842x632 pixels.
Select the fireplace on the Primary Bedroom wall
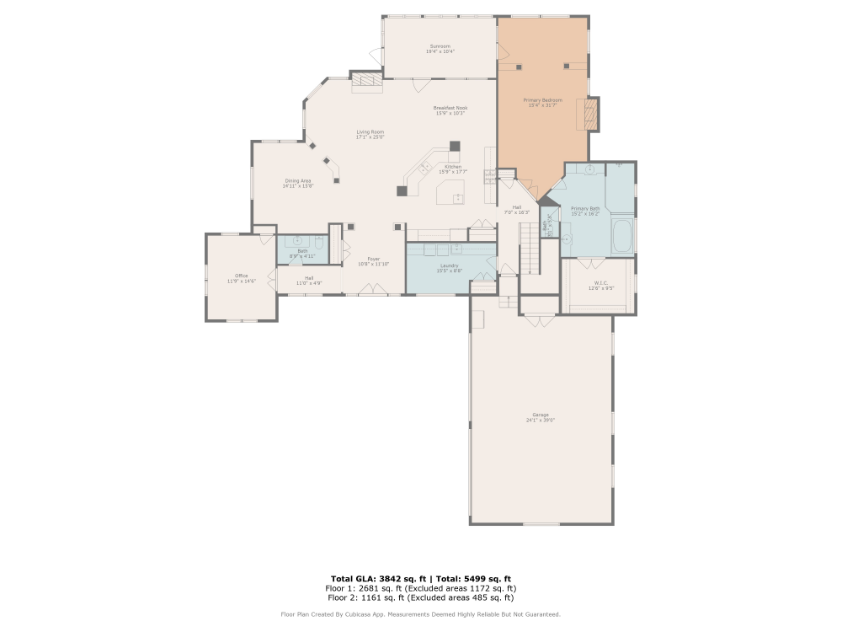point(591,115)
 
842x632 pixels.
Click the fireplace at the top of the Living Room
point(366,81)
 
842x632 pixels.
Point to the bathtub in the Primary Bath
point(622,237)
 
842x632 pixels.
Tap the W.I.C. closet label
point(600,283)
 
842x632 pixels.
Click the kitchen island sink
point(458,199)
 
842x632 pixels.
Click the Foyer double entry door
point(373,291)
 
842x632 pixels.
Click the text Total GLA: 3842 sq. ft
point(376,578)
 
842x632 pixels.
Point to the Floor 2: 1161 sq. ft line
point(420,597)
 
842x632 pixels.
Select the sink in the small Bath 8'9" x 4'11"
point(296,241)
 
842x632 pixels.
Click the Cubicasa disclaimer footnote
point(420,614)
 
